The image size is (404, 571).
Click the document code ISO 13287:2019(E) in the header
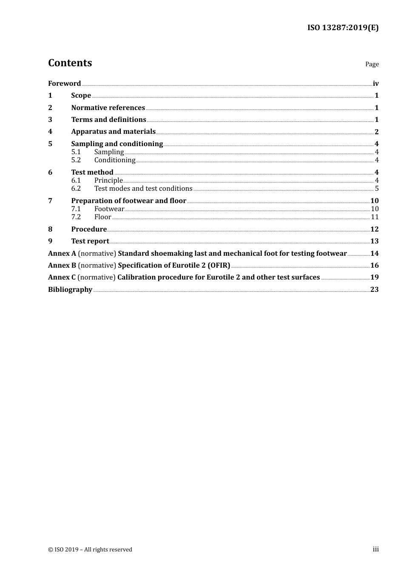343,28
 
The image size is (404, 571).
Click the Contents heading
70,63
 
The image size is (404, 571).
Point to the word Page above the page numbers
372,64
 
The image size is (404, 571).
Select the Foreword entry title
64,83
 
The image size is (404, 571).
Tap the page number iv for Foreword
376,84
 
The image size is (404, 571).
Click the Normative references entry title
108,107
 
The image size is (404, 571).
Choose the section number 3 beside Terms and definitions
50,119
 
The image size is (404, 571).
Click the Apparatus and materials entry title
113,132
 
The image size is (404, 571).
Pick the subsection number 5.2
76,160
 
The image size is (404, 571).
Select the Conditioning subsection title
115,160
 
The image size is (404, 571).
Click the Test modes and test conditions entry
143,189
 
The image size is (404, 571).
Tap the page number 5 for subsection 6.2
377,189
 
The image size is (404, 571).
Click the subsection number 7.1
76,209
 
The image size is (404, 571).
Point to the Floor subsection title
102,217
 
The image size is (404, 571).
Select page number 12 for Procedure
374,229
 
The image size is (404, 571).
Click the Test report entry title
90,241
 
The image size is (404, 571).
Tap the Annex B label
62,265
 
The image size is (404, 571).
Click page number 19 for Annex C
374,277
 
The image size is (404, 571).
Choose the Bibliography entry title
70,289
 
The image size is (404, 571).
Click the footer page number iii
376,549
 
